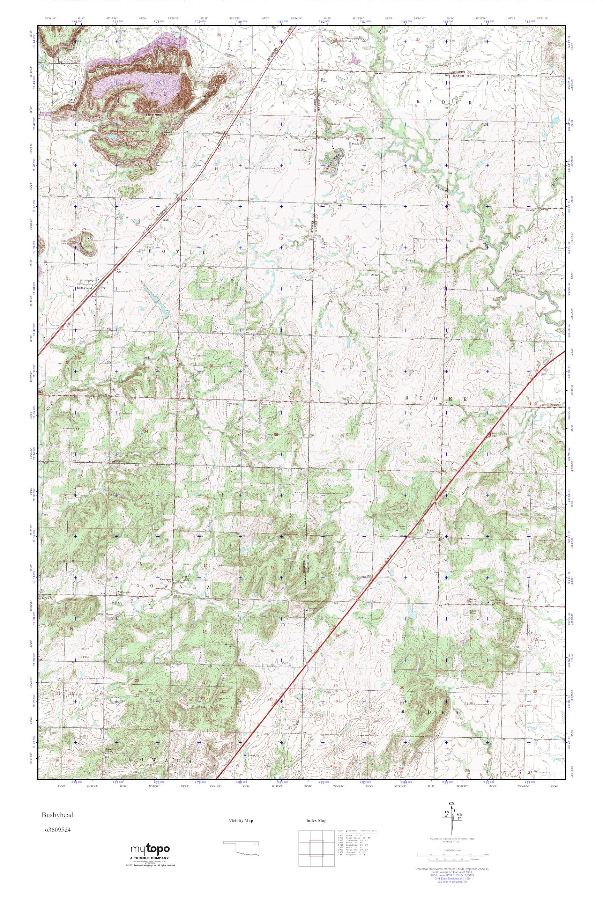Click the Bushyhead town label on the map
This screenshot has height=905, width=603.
click(84, 287)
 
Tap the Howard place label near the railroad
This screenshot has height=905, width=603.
click(218, 132)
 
